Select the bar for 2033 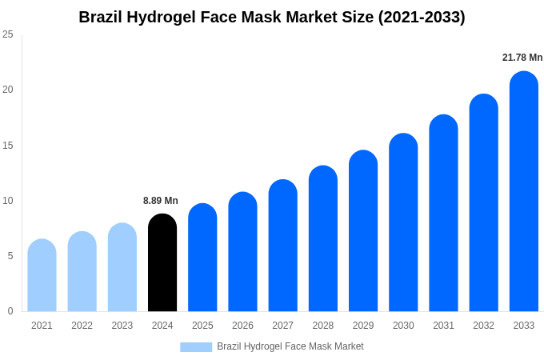point(523,192)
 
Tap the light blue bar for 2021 point(42,275)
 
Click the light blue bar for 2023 point(122,267)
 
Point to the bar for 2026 point(242,252)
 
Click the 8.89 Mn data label point(161,201)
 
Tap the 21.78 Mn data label point(522,58)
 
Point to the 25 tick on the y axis point(8,34)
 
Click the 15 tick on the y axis point(8,146)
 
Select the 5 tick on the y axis point(10,256)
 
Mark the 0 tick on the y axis point(10,311)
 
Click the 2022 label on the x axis point(82,326)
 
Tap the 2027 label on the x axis point(282,326)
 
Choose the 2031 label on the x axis point(443,326)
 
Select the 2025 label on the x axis point(202,326)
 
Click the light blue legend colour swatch point(196,346)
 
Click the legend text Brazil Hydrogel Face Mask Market point(290,346)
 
